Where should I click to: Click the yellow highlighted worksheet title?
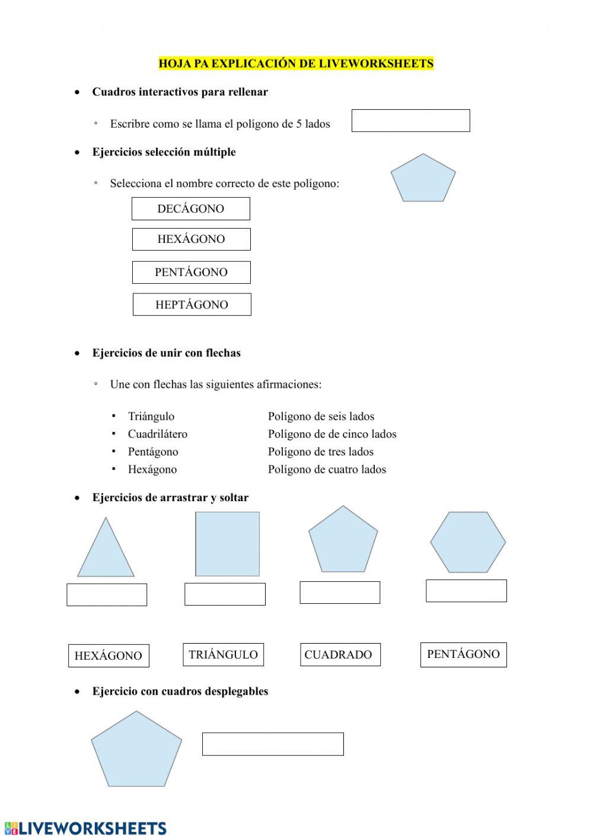(296, 64)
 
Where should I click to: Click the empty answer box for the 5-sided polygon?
(410, 121)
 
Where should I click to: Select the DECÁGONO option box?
(190, 209)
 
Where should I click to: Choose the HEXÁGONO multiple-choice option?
(191, 239)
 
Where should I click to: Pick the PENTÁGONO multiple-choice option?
(191, 273)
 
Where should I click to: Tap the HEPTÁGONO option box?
(192, 305)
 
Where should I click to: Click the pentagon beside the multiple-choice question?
(423, 179)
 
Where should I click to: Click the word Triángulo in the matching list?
(151, 416)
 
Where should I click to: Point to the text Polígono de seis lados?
(321, 416)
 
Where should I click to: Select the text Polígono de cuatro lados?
(327, 470)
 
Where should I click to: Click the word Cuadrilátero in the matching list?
(157, 434)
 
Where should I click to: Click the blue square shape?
(228, 544)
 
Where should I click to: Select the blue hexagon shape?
(467, 542)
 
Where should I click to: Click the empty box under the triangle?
(107, 594)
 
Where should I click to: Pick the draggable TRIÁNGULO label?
(223, 655)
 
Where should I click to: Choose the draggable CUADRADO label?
(340, 655)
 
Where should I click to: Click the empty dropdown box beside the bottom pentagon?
(273, 744)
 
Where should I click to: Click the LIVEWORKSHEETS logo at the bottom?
(85, 828)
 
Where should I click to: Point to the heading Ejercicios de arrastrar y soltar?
(170, 498)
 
